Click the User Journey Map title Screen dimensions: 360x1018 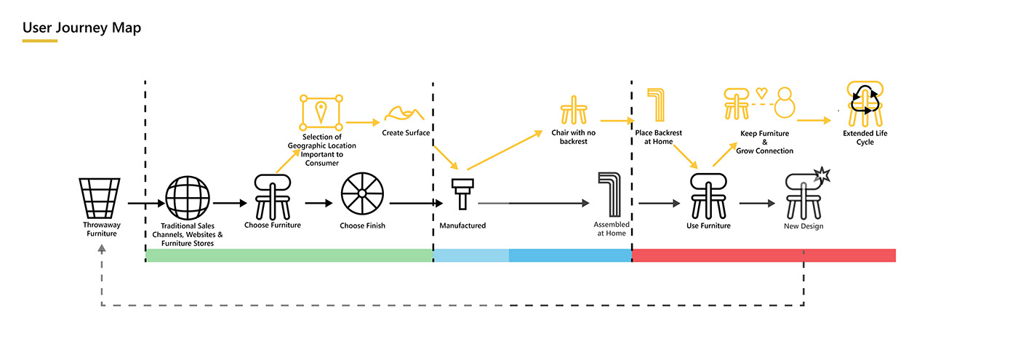(x=81, y=28)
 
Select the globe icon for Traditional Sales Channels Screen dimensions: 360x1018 (x=188, y=199)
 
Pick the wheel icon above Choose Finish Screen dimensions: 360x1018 (x=362, y=196)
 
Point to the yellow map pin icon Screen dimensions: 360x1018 (x=321, y=111)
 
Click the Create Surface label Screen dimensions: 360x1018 (x=406, y=132)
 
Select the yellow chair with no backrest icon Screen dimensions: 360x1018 (x=574, y=111)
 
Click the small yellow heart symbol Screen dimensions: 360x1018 (x=761, y=93)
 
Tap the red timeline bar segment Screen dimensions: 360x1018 (x=763, y=255)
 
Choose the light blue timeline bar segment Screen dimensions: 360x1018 (x=471, y=255)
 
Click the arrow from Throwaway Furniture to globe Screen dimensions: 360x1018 (x=145, y=204)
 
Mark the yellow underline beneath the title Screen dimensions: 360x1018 (x=39, y=41)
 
